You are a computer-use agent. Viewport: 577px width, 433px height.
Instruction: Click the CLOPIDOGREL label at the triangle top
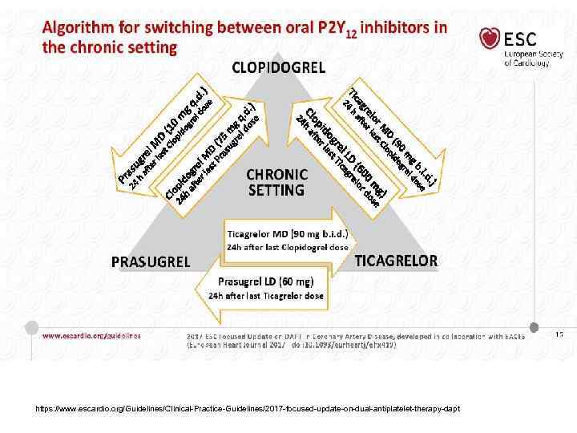coord(278,67)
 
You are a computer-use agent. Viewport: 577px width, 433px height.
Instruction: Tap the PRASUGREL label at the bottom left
coord(150,261)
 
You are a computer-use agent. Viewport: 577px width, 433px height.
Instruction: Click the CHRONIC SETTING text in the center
coord(276,182)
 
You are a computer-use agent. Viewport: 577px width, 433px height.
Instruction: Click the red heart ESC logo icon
coord(489,39)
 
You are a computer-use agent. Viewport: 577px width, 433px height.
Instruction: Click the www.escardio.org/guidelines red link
coord(91,335)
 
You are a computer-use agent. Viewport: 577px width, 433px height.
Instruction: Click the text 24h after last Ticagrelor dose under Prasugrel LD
coord(267,296)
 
